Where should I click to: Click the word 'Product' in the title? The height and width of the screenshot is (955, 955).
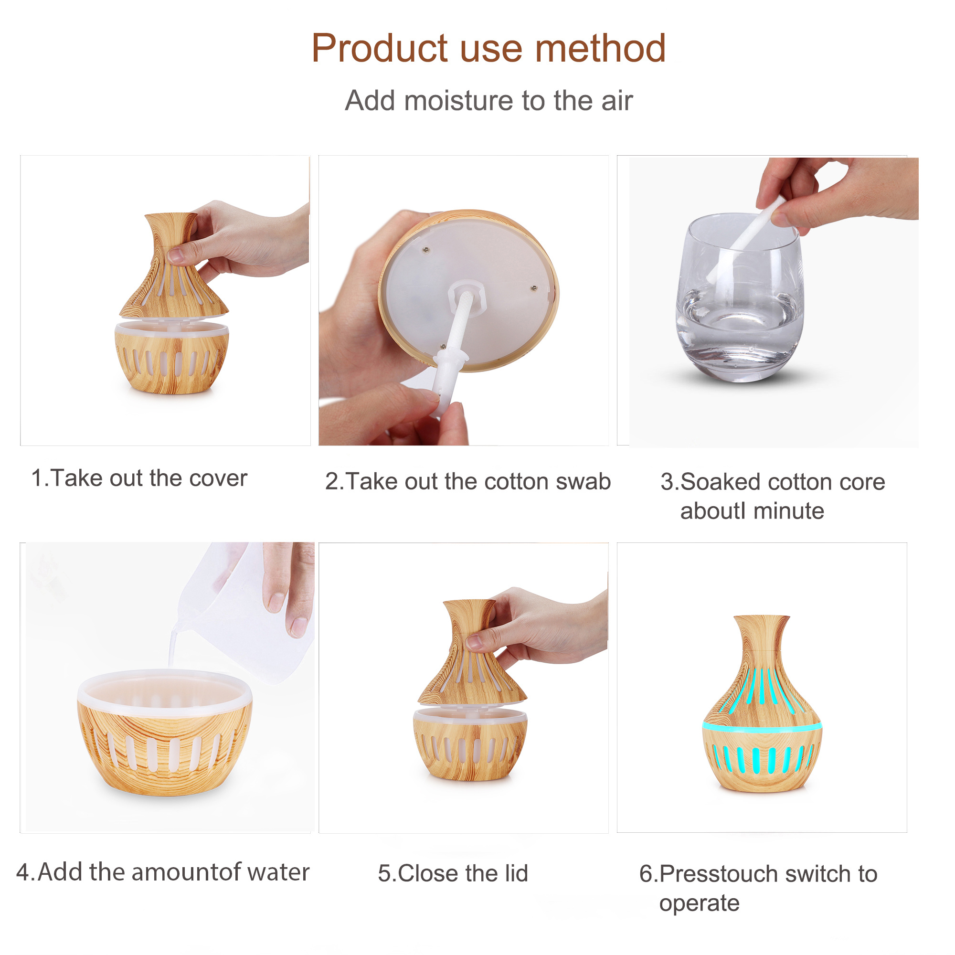(380, 48)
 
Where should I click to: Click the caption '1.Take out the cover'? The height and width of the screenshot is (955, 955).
(139, 478)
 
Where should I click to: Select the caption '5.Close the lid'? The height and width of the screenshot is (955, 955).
(453, 873)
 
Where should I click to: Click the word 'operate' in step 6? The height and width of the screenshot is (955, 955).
(699, 903)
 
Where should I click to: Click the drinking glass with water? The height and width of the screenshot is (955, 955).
(740, 297)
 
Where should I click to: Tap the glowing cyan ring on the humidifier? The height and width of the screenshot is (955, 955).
(762, 726)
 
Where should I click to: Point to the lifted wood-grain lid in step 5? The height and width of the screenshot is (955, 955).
(471, 652)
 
